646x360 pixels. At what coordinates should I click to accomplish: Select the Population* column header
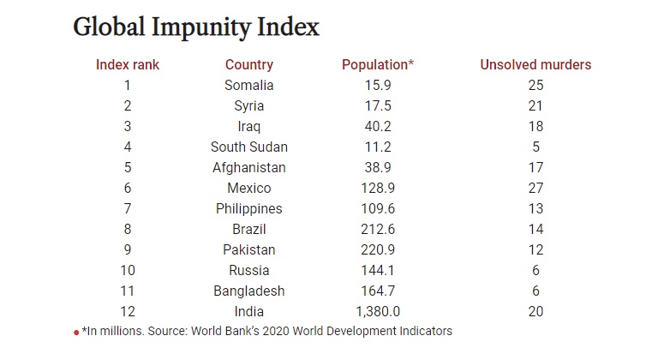pyautogui.click(x=378, y=64)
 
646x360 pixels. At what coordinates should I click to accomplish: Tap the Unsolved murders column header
pyautogui.click(x=535, y=64)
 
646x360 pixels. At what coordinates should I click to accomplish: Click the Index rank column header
pyautogui.click(x=127, y=64)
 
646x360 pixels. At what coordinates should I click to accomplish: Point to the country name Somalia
pyautogui.click(x=249, y=85)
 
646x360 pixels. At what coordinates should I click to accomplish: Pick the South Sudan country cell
pyautogui.click(x=249, y=147)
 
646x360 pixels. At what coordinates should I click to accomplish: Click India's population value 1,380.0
pyautogui.click(x=378, y=311)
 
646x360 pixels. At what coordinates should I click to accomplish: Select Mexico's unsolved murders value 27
pyautogui.click(x=536, y=188)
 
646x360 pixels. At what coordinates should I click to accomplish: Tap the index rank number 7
pyautogui.click(x=127, y=208)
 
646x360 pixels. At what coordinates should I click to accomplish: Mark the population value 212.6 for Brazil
pyautogui.click(x=378, y=229)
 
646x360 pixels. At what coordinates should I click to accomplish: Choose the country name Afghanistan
pyautogui.click(x=249, y=167)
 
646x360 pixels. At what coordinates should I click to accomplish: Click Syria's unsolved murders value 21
pyautogui.click(x=536, y=105)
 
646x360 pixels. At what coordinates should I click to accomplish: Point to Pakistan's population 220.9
pyautogui.click(x=378, y=249)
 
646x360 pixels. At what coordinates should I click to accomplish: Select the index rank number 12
pyautogui.click(x=127, y=311)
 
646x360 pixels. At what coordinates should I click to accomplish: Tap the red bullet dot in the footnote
pyautogui.click(x=76, y=332)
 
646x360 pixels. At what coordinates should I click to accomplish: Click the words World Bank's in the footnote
pyautogui.click(x=246, y=331)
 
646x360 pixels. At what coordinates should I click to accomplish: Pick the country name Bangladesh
pyautogui.click(x=249, y=291)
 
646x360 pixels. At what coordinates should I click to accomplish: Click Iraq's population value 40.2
pyautogui.click(x=378, y=126)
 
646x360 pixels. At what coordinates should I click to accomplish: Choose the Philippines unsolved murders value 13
pyautogui.click(x=536, y=208)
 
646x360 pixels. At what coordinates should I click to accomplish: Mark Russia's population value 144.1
pyautogui.click(x=378, y=270)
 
